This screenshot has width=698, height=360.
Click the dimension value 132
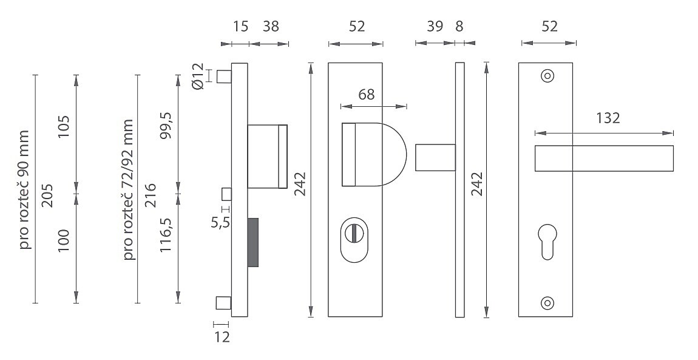608,118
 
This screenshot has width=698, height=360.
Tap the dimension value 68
366,94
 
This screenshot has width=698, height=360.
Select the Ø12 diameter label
198,76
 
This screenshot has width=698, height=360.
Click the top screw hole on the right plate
547,76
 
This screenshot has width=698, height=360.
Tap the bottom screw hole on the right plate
547,303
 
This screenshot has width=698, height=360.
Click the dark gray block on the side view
253,242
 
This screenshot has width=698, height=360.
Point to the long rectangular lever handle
604,158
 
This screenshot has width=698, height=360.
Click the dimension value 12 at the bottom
222,338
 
